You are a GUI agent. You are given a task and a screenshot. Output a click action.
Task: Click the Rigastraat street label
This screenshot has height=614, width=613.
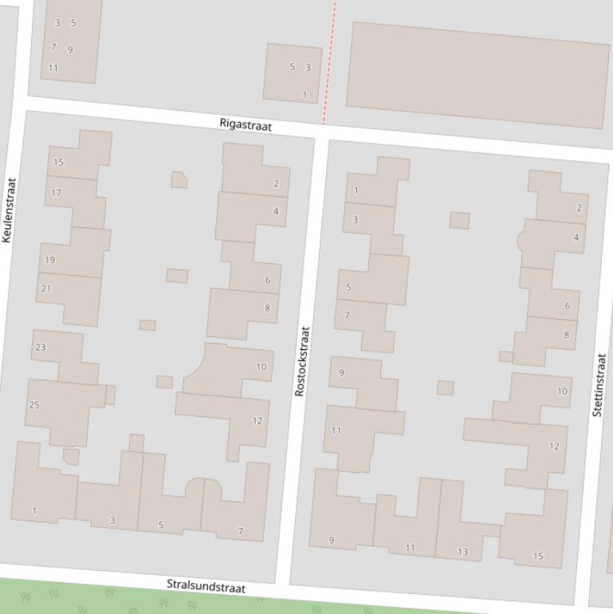pyautogui.click(x=246, y=126)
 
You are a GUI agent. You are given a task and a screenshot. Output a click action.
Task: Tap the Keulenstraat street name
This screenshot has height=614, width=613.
pyautogui.click(x=10, y=210)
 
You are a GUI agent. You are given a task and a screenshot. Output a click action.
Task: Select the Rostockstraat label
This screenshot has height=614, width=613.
pyautogui.click(x=302, y=361)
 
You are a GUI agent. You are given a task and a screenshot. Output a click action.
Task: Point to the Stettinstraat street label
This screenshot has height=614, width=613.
pyautogui.click(x=599, y=384)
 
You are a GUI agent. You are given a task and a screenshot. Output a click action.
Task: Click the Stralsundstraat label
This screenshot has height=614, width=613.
pyautogui.click(x=206, y=586)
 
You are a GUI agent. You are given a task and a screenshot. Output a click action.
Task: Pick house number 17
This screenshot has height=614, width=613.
pyautogui.click(x=56, y=193)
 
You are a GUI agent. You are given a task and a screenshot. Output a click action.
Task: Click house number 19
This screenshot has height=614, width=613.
pyautogui.click(x=50, y=260)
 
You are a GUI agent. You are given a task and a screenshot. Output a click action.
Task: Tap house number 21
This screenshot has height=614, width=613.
pyautogui.click(x=45, y=289)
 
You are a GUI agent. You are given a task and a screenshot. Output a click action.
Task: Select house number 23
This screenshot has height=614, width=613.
pyautogui.click(x=41, y=347)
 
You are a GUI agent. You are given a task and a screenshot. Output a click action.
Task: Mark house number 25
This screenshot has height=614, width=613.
pyautogui.click(x=34, y=405)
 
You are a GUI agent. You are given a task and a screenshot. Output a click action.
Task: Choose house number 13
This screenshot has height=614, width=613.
pyautogui.click(x=463, y=552)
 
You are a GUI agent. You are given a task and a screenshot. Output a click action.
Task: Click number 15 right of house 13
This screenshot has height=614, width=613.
pyautogui.click(x=538, y=557)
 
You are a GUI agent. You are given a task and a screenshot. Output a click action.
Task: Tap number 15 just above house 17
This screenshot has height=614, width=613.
pyautogui.click(x=58, y=163)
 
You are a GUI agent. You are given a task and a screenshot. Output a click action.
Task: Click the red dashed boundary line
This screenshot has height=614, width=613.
pyautogui.click(x=329, y=64)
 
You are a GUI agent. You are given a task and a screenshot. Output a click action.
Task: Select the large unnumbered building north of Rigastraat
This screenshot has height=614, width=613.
pyautogui.click(x=477, y=74)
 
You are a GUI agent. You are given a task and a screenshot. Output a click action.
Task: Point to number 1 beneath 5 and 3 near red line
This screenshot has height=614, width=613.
pyautogui.click(x=305, y=95)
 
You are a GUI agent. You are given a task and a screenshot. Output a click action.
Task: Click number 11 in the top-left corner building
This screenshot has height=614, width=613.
pyautogui.click(x=53, y=68)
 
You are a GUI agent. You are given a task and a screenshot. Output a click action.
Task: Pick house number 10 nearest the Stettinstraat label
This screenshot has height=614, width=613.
pyautogui.click(x=562, y=392)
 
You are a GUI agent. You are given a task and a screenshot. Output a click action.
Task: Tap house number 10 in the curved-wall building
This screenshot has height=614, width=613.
pyautogui.click(x=261, y=367)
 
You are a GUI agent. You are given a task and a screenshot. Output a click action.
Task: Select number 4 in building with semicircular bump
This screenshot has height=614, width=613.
pyautogui.click(x=576, y=238)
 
